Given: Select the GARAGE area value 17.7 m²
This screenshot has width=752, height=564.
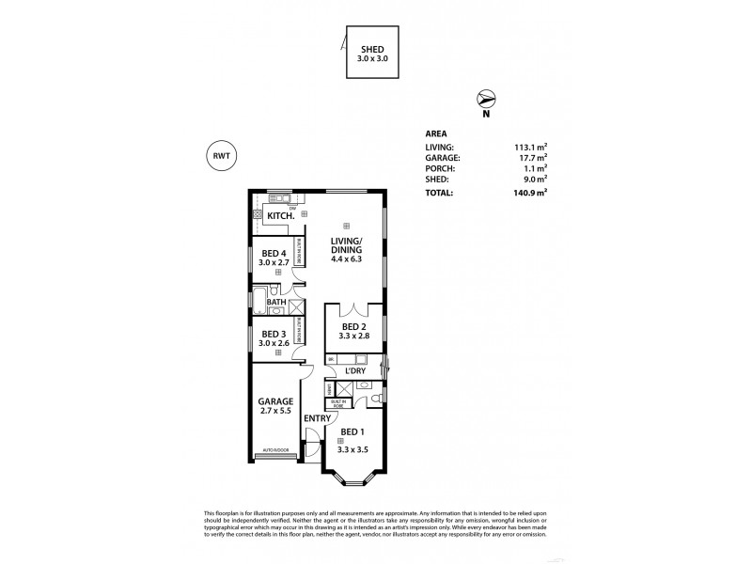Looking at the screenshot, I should click(532, 158).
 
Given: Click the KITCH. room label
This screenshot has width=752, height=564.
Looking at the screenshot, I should click(281, 216).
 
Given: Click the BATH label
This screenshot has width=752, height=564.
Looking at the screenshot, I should click(276, 302).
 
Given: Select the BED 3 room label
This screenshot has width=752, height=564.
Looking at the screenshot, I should click(274, 334).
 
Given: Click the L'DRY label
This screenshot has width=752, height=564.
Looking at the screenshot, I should click(356, 371).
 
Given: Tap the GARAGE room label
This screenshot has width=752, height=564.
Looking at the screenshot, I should click(276, 401).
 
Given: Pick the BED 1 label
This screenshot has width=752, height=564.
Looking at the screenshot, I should click(353, 433).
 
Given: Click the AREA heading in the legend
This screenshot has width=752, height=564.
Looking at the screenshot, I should click(437, 133).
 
